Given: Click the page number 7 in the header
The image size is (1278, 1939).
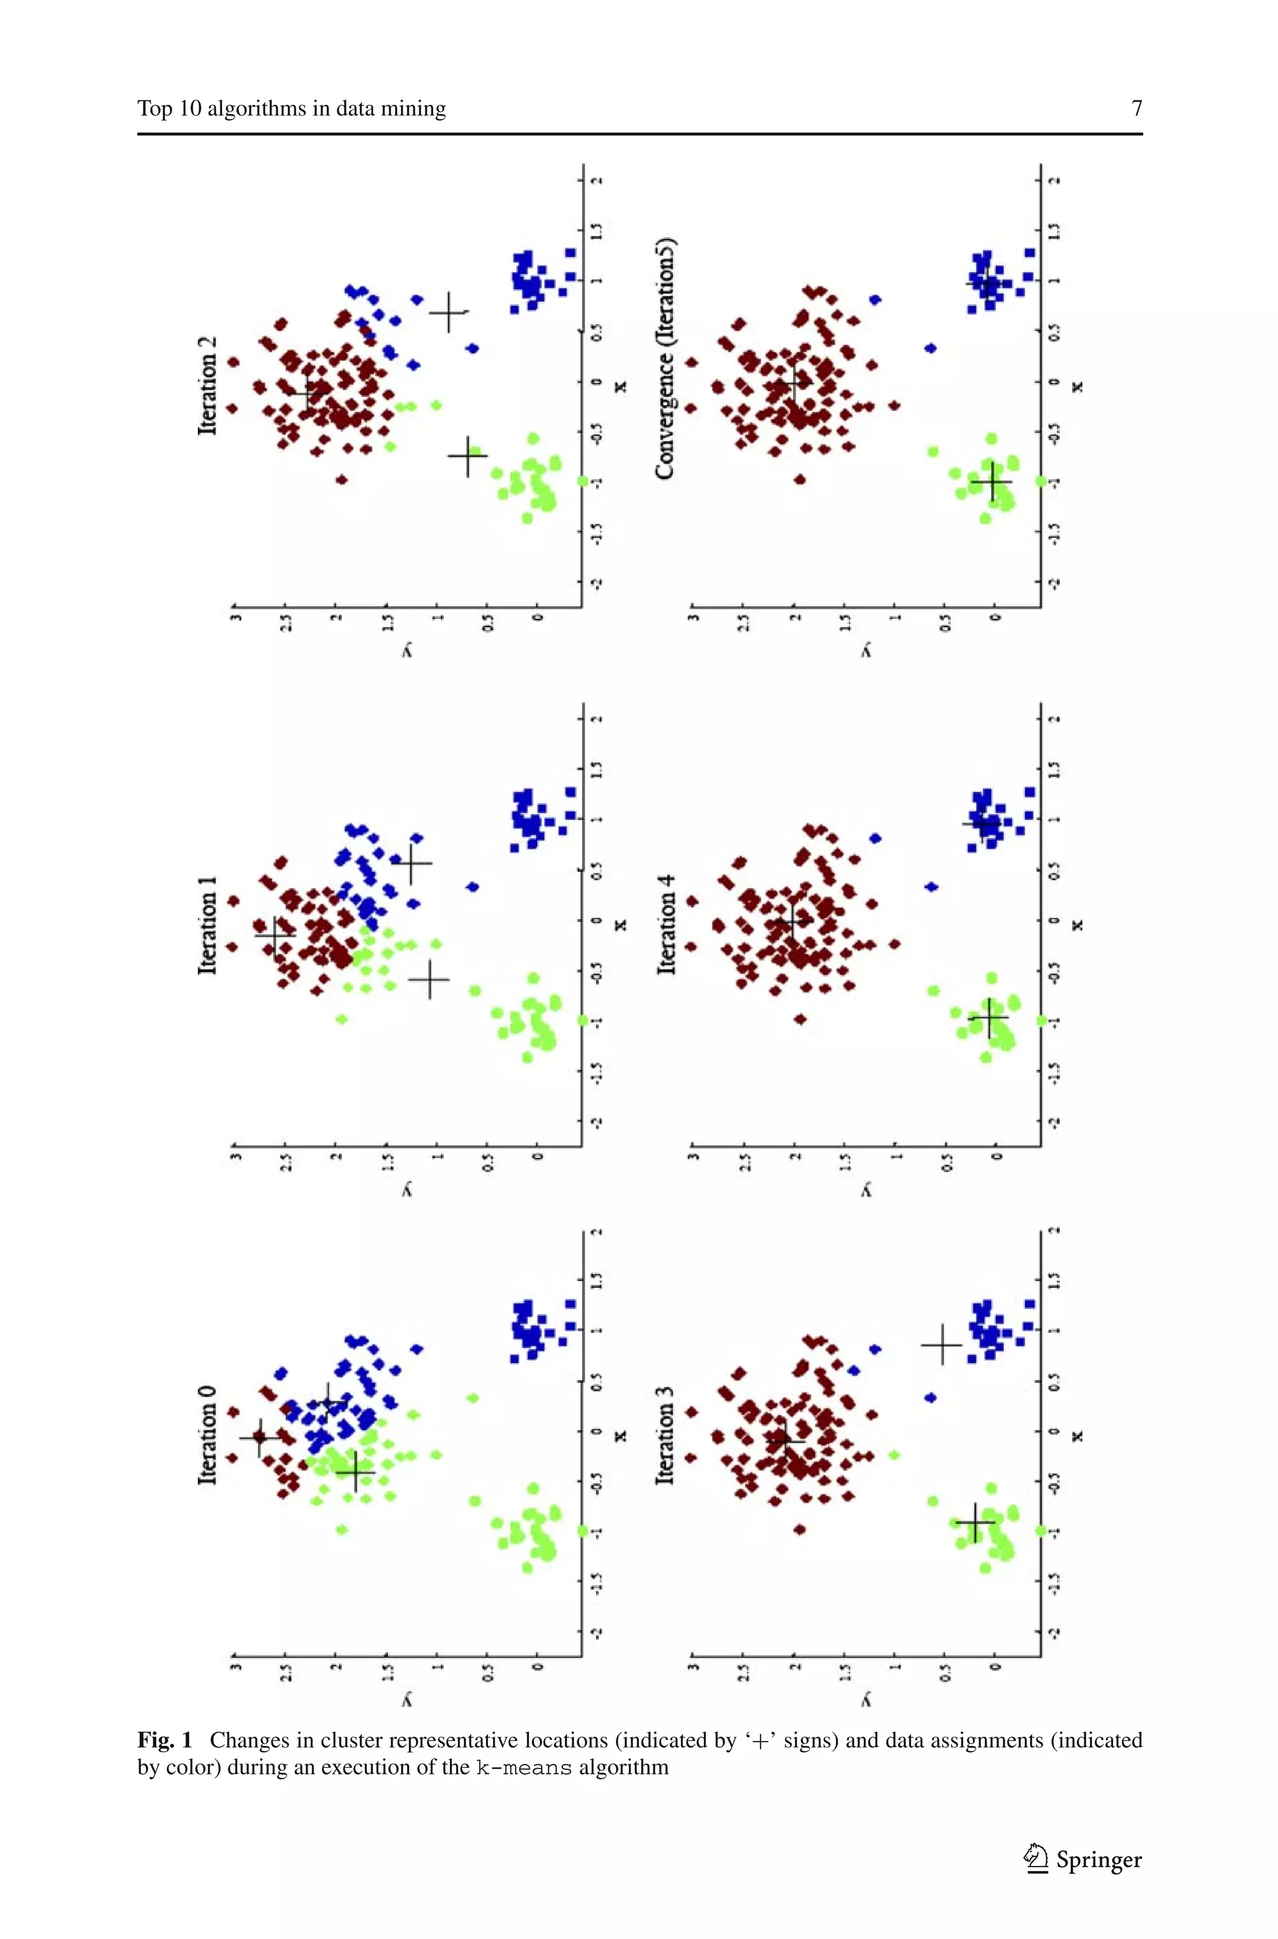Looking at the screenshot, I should coord(1136,109).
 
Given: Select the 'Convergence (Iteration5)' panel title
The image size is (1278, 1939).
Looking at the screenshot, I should coord(666,359).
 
